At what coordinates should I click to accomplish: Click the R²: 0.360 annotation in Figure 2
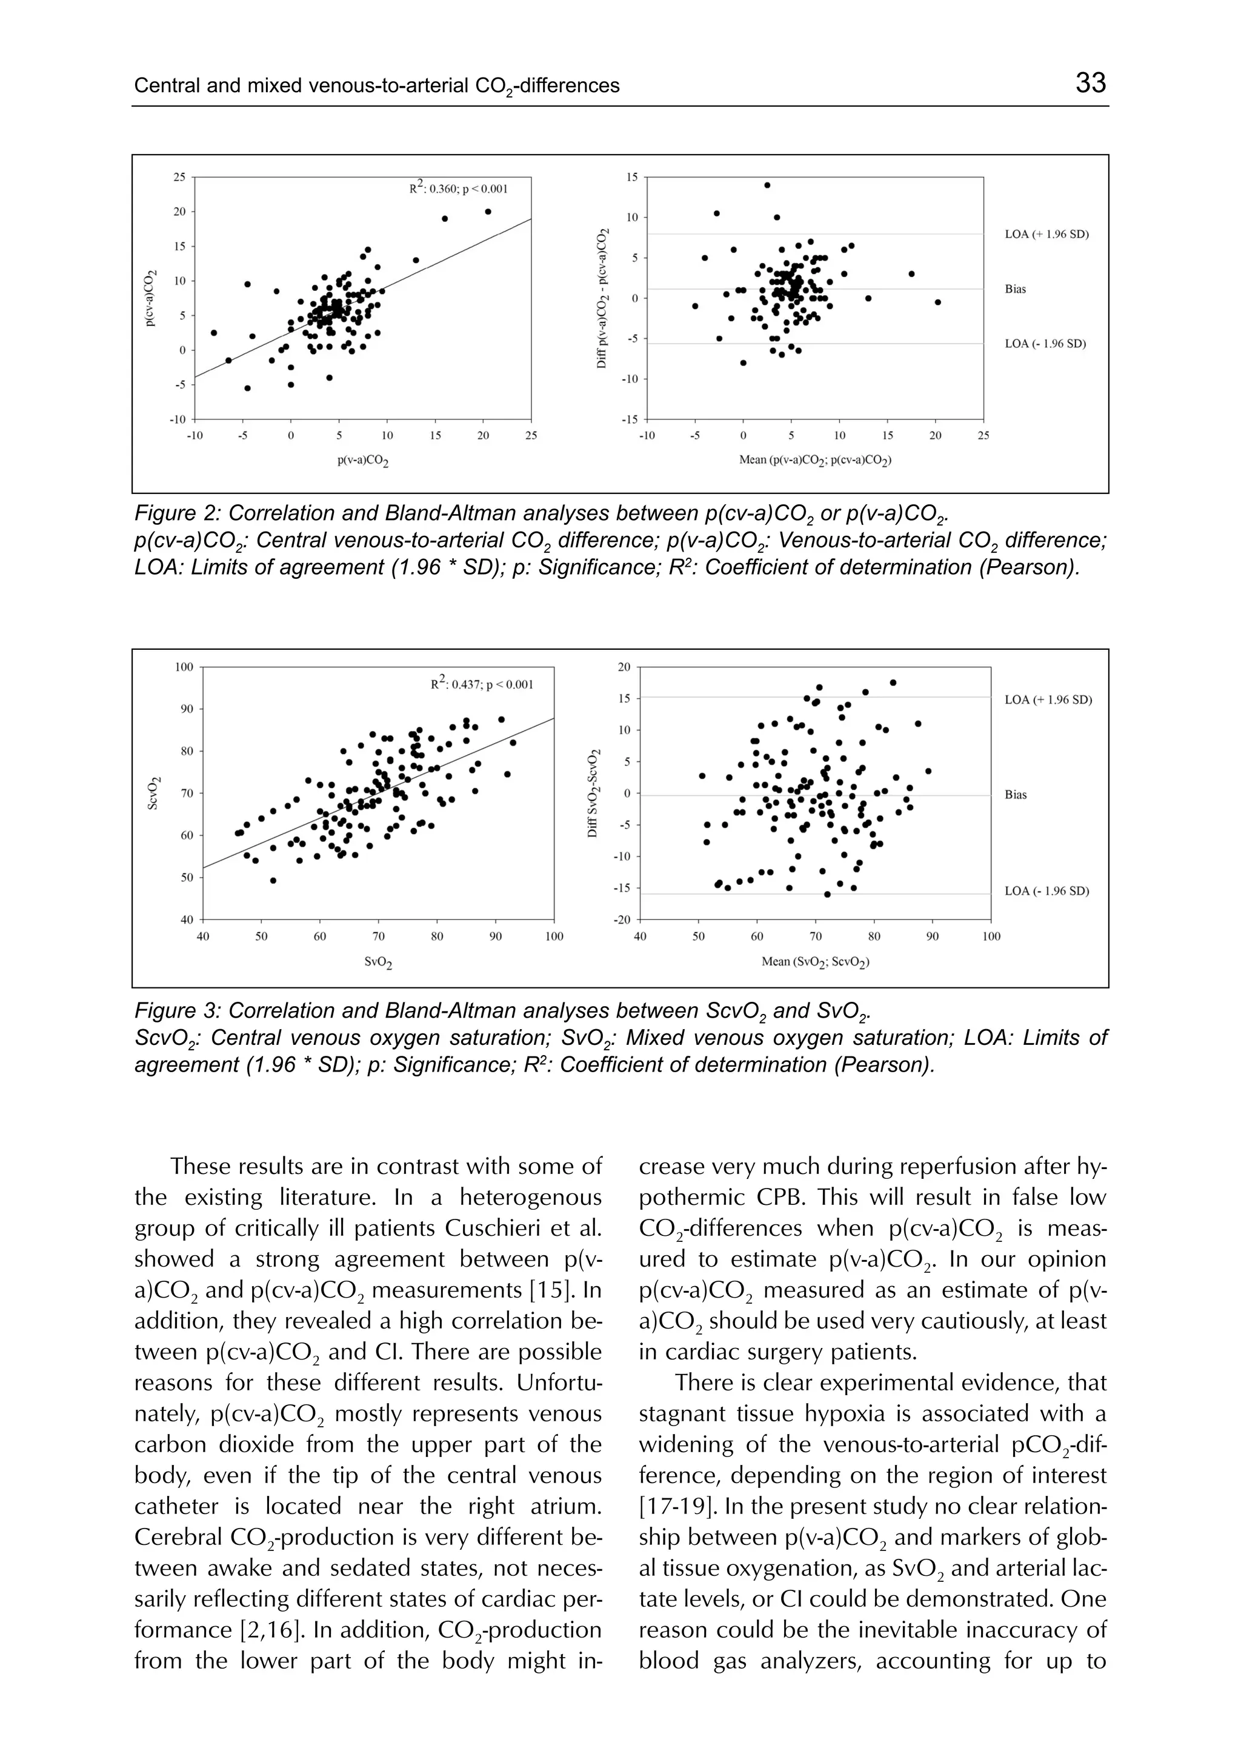click(457, 188)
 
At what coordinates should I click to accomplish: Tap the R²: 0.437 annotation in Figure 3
click(481, 683)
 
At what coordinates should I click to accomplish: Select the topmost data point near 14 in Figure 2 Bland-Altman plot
click(767, 185)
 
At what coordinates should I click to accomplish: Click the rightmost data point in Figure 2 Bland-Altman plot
click(937, 302)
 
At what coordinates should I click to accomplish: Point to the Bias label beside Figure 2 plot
click(1015, 290)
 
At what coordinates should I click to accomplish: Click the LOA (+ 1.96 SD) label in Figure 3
click(1048, 699)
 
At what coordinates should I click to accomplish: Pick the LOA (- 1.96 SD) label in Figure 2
click(1045, 344)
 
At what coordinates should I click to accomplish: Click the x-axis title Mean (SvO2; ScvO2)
click(814, 961)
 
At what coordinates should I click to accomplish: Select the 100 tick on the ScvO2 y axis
click(184, 667)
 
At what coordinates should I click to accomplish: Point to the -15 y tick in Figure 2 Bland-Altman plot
click(631, 419)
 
